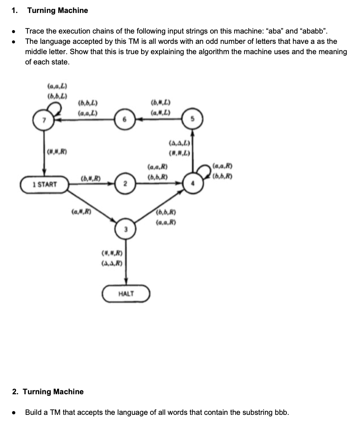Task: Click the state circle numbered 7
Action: (45, 120)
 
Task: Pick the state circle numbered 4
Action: (193, 184)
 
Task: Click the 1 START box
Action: (45, 185)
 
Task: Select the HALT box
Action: (126, 294)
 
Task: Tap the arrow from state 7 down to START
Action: (45, 153)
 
